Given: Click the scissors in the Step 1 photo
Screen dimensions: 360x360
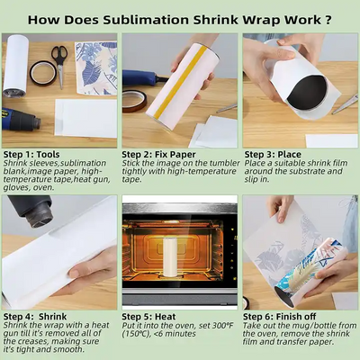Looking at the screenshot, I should pos(58,57).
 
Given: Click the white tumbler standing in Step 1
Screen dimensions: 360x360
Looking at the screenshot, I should pos(15,64).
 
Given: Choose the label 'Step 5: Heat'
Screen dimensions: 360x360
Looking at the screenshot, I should pos(151,317).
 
